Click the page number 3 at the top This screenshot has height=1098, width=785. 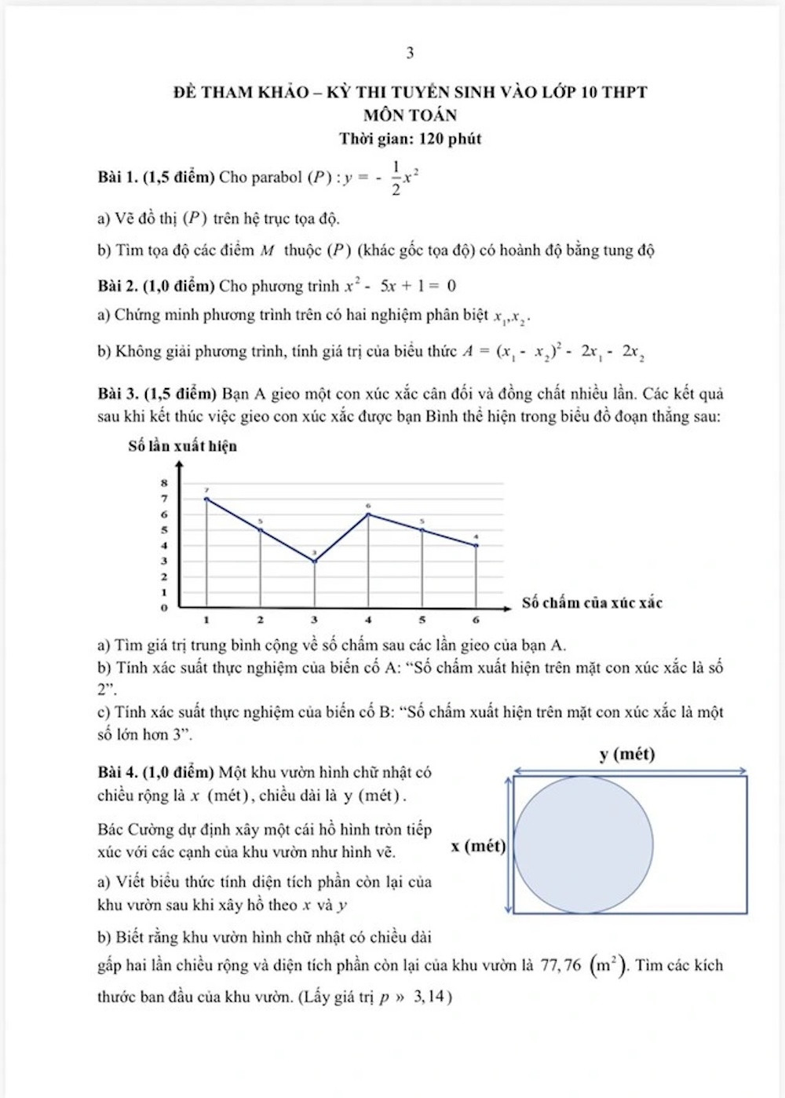(410, 53)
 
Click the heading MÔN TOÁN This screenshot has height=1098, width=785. (410, 115)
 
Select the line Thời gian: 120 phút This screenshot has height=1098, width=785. (410, 139)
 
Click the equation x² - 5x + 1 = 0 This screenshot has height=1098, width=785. (400, 286)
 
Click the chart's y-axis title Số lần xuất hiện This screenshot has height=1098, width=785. (182, 446)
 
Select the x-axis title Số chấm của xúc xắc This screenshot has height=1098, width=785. (592, 603)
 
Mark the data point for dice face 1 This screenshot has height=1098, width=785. (206, 499)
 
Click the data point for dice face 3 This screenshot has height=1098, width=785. (315, 561)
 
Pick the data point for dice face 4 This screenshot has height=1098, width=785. (368, 514)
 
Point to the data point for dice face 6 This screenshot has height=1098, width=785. (476, 545)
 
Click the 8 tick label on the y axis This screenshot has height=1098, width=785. (164, 483)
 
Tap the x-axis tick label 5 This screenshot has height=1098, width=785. (422, 620)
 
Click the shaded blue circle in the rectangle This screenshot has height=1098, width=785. (583, 844)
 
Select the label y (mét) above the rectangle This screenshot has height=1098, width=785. (626, 755)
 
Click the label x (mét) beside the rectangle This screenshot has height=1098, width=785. (478, 846)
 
